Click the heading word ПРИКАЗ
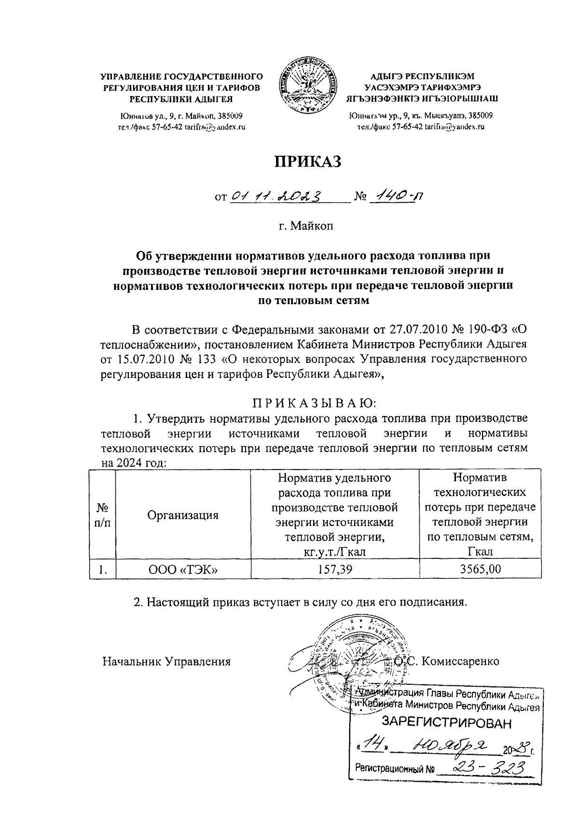click(308, 162)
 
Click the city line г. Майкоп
click(306, 225)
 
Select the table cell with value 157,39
click(335, 569)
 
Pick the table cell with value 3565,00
click(480, 569)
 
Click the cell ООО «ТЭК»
click(183, 569)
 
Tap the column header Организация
click(183, 515)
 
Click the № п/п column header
click(102, 515)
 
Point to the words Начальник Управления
click(166, 661)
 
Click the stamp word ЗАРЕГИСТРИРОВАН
click(446, 722)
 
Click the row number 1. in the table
click(102, 569)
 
